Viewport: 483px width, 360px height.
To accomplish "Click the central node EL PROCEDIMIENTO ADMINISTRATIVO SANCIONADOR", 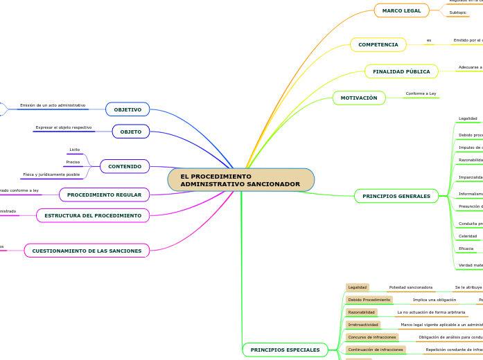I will coord(240,180).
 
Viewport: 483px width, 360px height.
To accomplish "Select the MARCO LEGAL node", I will coord(402,10).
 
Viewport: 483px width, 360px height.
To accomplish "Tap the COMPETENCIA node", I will coord(378,45).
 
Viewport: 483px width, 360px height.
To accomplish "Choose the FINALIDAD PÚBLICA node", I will coord(401,71).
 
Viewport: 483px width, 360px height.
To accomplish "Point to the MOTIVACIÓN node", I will coord(359,98).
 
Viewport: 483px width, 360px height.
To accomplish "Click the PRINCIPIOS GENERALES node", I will coord(396,196).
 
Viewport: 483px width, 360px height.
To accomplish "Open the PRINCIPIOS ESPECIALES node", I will coord(285,350).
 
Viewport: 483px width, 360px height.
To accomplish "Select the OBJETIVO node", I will coord(128,109).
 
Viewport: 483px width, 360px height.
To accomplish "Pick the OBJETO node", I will coord(131,132).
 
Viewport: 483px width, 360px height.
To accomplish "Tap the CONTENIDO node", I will coord(125,166).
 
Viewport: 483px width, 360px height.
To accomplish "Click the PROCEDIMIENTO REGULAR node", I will coord(104,195).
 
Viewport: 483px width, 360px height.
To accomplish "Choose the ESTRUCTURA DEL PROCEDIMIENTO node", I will coord(93,215).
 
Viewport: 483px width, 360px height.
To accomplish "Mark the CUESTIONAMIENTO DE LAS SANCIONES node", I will coord(87,251).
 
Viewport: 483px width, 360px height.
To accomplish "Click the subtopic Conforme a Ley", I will coord(421,93).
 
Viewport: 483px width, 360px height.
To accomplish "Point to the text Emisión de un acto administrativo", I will coord(53,105).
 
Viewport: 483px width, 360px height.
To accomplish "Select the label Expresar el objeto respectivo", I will coord(64,127).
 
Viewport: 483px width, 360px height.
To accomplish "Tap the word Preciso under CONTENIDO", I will coord(73,162).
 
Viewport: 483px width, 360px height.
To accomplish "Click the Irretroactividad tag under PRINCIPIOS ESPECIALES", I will coord(362,325).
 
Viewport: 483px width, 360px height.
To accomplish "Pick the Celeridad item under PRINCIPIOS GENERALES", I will coord(468,236).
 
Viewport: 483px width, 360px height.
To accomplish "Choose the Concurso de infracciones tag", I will coord(372,337).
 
